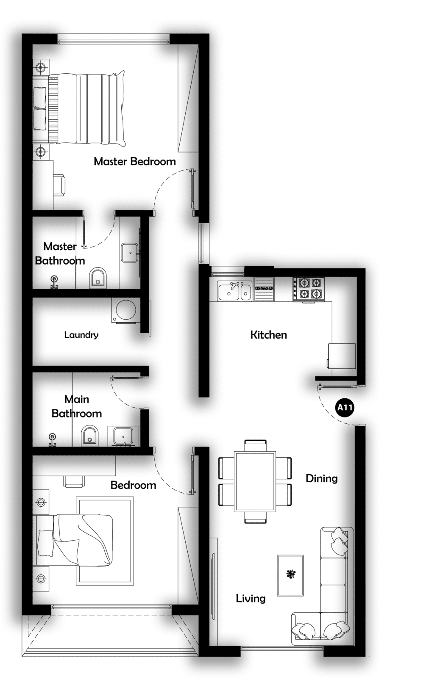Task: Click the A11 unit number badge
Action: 345,408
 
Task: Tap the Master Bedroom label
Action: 135,161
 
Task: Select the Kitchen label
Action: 269,335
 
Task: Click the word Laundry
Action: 81,335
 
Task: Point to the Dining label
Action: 322,478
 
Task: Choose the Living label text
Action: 251,599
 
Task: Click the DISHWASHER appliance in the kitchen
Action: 265,289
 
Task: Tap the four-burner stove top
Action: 309,290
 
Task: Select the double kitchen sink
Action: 234,291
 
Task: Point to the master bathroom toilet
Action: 98,278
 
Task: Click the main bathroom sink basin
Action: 123,436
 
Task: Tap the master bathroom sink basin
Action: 131,253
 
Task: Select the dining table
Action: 255,482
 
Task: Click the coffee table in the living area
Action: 290,575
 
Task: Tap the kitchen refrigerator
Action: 342,356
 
